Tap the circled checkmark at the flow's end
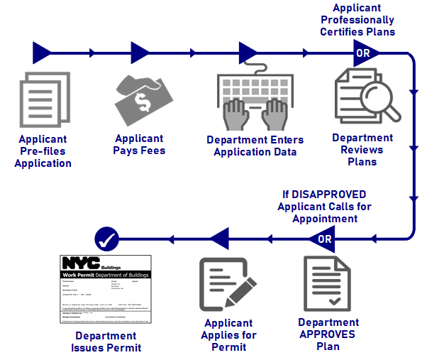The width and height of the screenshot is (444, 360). tap(107, 239)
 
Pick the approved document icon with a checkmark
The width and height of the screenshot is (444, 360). tap(326, 282)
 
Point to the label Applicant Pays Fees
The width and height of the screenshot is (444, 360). tap(139, 144)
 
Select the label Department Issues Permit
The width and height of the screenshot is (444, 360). tap(106, 342)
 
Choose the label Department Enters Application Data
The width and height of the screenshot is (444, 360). tap(255, 146)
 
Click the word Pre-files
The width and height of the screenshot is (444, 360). tap(43, 151)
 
